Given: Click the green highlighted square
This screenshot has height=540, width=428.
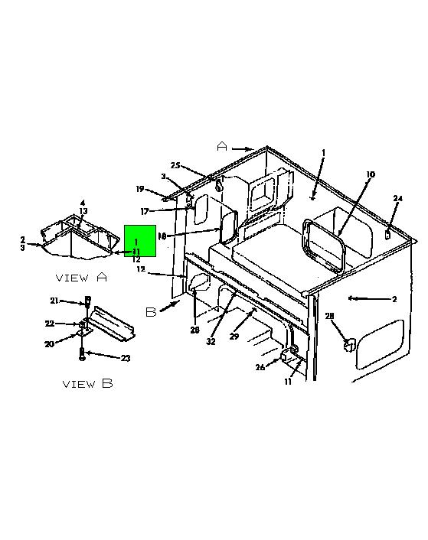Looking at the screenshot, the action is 140,241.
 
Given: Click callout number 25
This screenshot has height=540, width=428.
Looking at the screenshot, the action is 175,166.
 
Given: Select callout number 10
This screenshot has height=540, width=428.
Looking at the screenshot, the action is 370,174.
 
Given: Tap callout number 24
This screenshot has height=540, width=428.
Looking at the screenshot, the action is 397,198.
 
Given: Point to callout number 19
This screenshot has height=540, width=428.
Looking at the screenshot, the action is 140,189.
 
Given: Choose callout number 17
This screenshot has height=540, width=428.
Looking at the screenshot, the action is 145,211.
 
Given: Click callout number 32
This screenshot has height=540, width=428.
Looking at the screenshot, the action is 211,341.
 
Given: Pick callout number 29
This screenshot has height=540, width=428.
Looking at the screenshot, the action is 234,336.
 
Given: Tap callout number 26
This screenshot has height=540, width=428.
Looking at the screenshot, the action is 260,367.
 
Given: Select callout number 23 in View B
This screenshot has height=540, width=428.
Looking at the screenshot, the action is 126,358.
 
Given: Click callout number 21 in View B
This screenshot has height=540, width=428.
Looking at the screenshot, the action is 54,301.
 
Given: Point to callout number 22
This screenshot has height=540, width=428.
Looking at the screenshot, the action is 50,324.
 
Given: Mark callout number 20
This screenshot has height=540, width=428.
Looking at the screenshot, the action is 49,343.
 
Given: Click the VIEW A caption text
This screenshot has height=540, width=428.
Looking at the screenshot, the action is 81,277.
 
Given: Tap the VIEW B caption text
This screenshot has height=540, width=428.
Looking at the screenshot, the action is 88,384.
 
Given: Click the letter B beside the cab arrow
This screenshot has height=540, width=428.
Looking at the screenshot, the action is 151,312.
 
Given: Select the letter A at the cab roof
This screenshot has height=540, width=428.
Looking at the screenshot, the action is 222,147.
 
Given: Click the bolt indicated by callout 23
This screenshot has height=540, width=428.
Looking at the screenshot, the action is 82,354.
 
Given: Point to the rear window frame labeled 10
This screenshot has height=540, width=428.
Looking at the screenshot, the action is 323,246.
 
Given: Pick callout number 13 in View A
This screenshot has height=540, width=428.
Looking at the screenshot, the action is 83,211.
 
